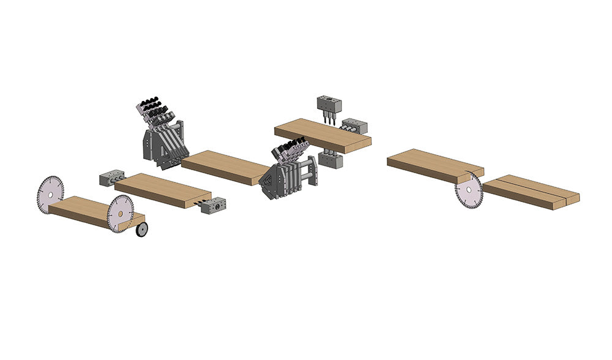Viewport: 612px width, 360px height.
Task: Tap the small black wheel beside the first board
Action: point(142,230)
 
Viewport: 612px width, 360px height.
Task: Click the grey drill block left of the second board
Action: point(112,178)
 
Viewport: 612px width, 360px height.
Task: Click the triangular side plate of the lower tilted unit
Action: point(269,181)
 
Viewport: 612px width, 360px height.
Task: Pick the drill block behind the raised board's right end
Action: point(356,127)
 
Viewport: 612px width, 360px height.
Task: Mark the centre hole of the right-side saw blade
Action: point(468,189)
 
